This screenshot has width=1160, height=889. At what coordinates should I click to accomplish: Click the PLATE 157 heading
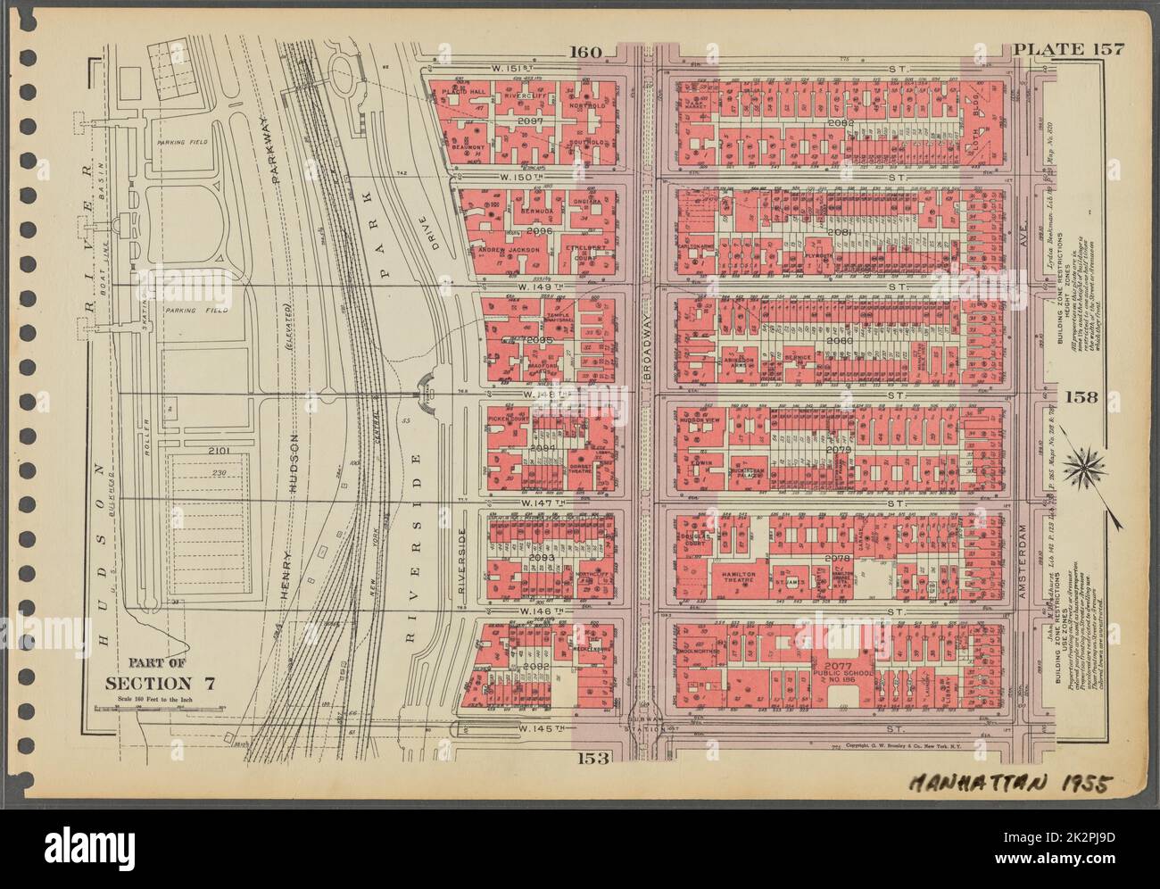1068,49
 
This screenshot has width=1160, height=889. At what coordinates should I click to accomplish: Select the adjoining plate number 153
592,759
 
